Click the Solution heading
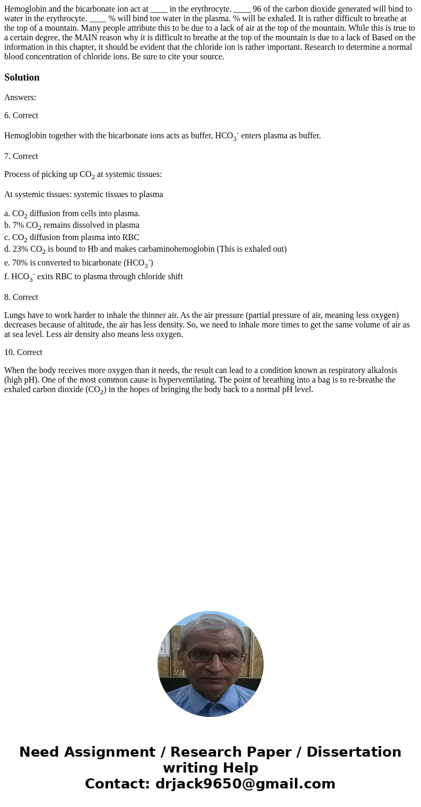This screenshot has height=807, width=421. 22,77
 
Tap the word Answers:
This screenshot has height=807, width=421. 20,97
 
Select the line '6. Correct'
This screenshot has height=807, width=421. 21,116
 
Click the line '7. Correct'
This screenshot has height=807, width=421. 21,156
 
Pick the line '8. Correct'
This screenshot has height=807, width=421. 21,297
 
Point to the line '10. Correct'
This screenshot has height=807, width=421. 23,352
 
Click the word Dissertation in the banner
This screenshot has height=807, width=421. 354,752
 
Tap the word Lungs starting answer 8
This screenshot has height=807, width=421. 15,316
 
